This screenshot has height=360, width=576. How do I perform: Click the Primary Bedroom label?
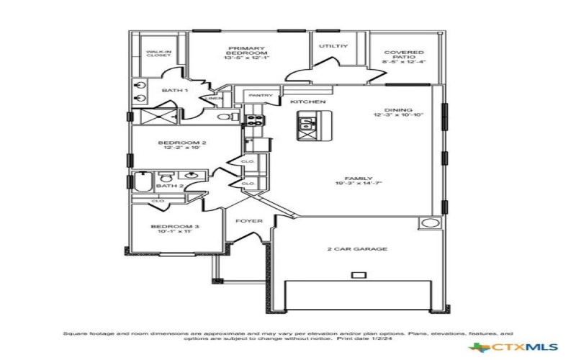pyautogui.click(x=247, y=53)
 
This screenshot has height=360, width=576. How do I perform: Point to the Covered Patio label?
pyautogui.click(x=403, y=57)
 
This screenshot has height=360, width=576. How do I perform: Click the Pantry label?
pyautogui.click(x=259, y=95)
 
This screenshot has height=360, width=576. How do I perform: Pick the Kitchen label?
pyautogui.click(x=308, y=102)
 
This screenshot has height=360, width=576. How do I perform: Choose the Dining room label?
pyautogui.click(x=397, y=112)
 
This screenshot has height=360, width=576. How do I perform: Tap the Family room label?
pyautogui.click(x=358, y=181)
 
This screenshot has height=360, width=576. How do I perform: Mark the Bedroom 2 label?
pyautogui.click(x=182, y=145)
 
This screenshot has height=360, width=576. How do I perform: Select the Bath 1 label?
pyautogui.click(x=174, y=91)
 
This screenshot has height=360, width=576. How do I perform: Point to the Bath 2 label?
pyautogui.click(x=171, y=186)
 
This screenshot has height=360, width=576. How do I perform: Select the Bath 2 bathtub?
pyautogui.click(x=142, y=185)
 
